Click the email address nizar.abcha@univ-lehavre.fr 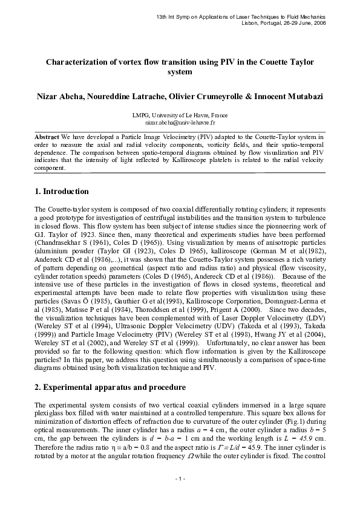click(180, 122)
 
